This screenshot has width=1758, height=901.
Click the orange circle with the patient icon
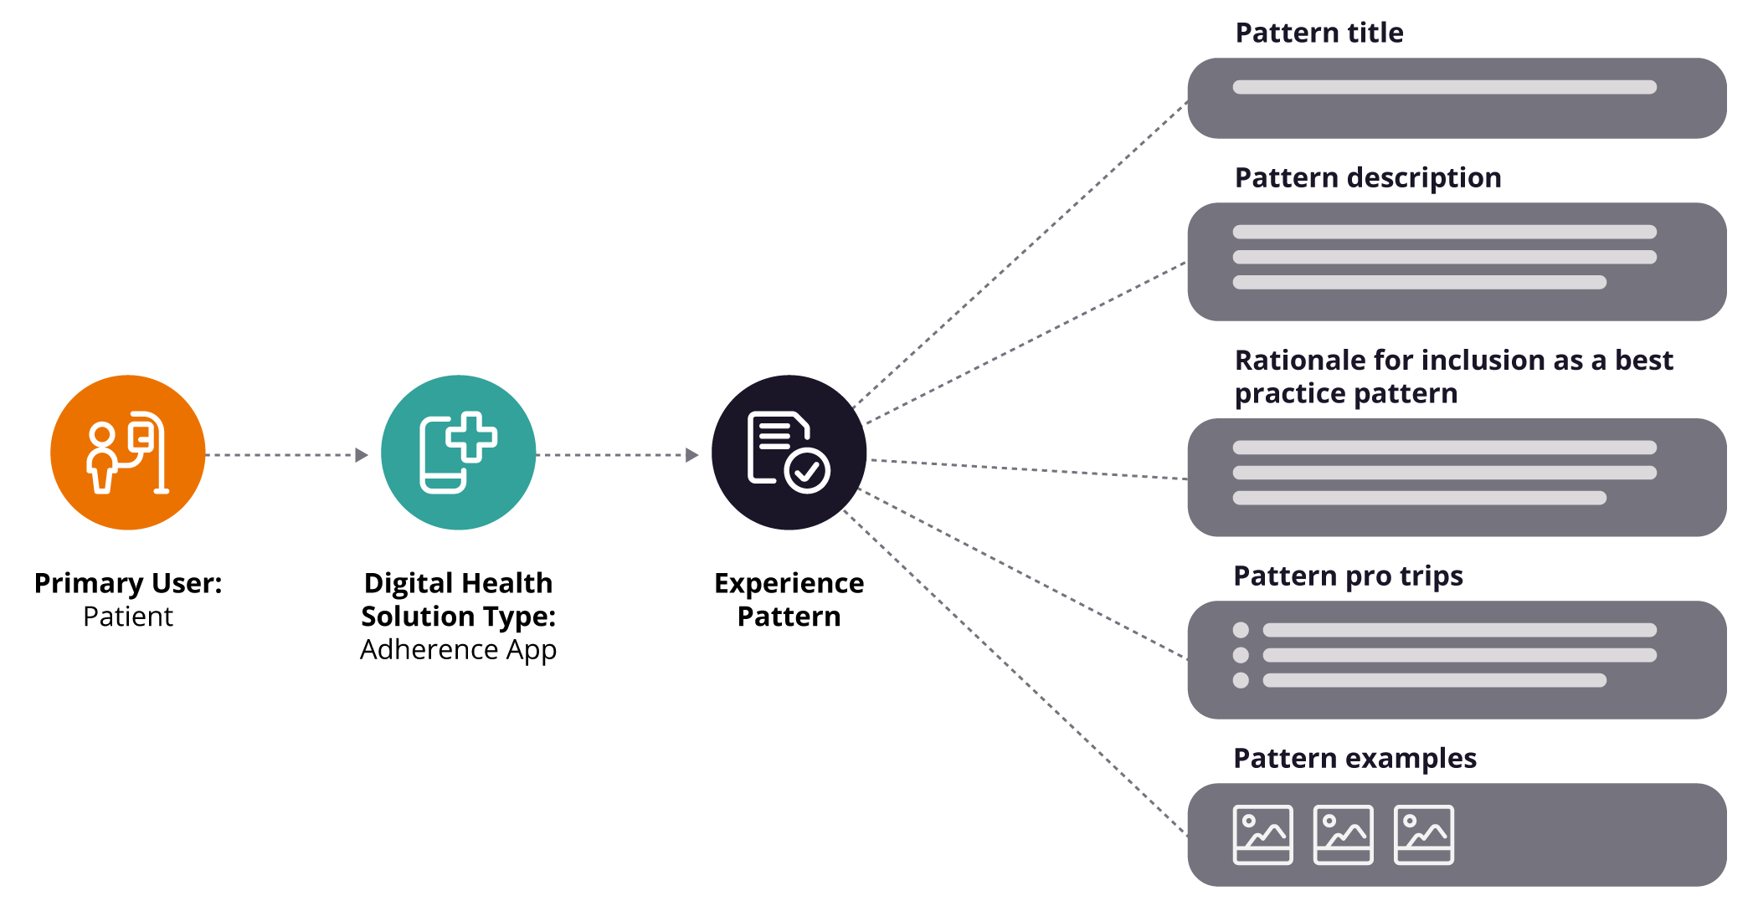point(127,453)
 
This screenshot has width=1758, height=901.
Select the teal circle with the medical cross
point(458,453)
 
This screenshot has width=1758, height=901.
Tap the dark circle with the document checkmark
point(789,453)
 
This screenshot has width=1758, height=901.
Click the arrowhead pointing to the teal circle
point(362,455)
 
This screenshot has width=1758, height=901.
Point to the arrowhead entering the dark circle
point(692,455)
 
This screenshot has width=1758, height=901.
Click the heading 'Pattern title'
point(1318,33)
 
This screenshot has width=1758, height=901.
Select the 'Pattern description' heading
point(1368,177)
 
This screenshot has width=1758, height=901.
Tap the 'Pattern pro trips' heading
point(1348,576)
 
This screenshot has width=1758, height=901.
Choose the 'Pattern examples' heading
point(1354,758)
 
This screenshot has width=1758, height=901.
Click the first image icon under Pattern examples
point(1262,835)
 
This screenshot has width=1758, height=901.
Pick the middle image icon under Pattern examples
point(1343,835)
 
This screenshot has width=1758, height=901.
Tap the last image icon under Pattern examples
point(1423,835)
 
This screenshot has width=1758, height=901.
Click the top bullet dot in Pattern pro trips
point(1241,630)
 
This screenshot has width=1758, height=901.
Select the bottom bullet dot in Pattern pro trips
point(1241,680)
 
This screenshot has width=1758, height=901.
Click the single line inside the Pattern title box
point(1444,87)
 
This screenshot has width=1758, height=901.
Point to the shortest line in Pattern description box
point(1419,283)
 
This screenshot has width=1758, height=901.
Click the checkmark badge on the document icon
point(807,471)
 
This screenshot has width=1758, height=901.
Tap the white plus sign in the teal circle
point(471,436)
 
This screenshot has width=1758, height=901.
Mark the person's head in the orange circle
point(102,435)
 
